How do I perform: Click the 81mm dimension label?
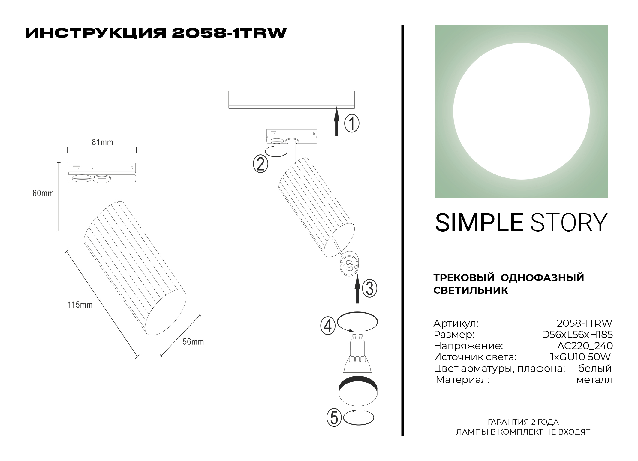point(102,142)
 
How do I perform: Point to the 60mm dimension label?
point(43,193)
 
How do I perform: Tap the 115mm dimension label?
point(80,305)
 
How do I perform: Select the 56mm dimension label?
point(193,342)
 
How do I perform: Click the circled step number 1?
point(351,123)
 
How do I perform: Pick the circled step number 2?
point(260,164)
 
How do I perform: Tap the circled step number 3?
point(369,289)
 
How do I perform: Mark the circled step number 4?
point(328,326)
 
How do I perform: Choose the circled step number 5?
point(334,418)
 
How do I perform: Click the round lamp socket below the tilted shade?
point(349,264)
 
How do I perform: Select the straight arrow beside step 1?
point(337,122)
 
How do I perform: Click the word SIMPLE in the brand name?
point(479,223)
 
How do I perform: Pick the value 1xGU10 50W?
point(580,357)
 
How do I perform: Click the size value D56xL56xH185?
point(577,335)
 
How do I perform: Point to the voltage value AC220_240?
point(585,346)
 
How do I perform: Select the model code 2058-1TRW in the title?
point(229,33)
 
